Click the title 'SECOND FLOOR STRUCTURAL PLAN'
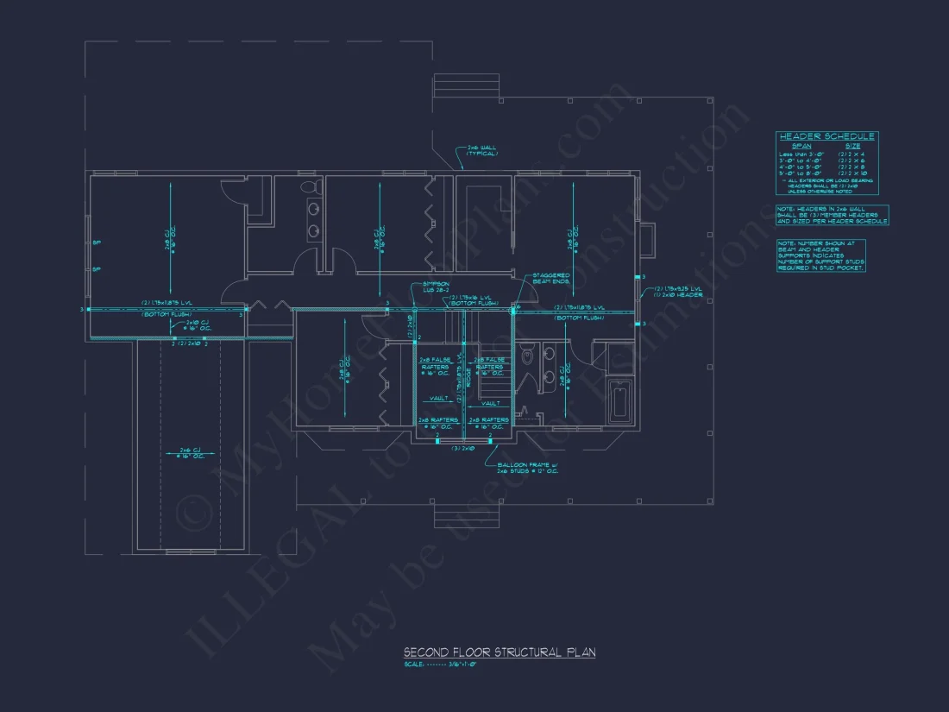pyautogui.click(x=499, y=652)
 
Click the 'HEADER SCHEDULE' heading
pyautogui.click(x=826, y=136)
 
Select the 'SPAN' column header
pyautogui.click(x=801, y=146)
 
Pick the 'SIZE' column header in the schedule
pyautogui.click(x=852, y=146)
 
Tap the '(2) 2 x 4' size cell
pyautogui.click(x=853, y=154)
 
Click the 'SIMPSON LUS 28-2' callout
pyautogui.click(x=436, y=287)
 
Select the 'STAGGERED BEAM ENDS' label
pyautogui.click(x=550, y=279)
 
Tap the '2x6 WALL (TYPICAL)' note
pyautogui.click(x=482, y=150)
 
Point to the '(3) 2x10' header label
pyautogui.click(x=463, y=449)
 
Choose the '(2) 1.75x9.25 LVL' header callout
pyautogui.click(x=677, y=289)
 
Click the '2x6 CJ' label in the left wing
pyautogui.click(x=191, y=452)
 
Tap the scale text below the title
pyautogui.click(x=440, y=665)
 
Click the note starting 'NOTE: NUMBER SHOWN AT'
pyautogui.click(x=820, y=255)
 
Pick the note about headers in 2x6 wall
pyautogui.click(x=832, y=215)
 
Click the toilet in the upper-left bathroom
pyautogui.click(x=308, y=187)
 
